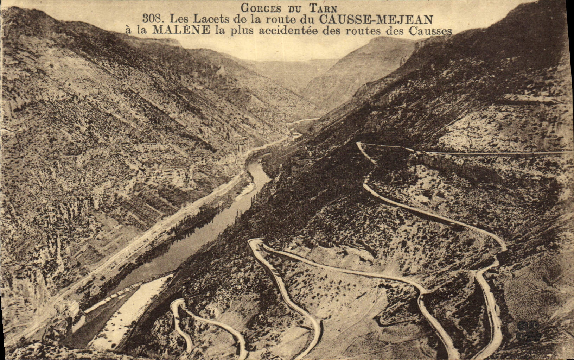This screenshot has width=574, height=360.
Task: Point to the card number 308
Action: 153,19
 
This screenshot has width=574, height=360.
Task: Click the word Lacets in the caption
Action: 210,19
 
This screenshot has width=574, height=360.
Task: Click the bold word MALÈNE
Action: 181,30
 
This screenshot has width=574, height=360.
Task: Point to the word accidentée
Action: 288,31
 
